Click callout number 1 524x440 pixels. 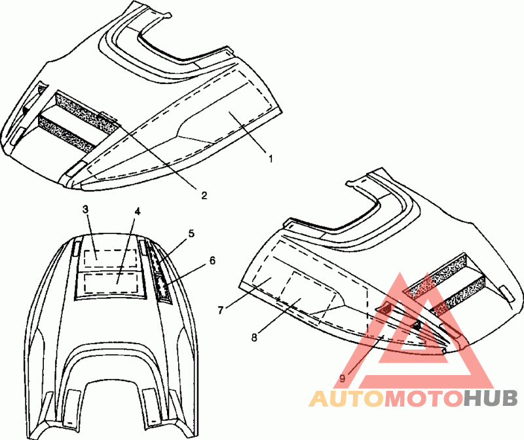pyautogui.click(x=270, y=157)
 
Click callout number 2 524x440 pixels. pyautogui.click(x=204, y=195)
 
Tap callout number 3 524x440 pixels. pyautogui.click(x=85, y=209)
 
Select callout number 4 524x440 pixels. pyautogui.click(x=138, y=212)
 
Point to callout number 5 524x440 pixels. pyautogui.click(x=191, y=233)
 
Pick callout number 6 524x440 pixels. pyautogui.click(x=212, y=260)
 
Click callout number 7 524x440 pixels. pyautogui.click(x=221, y=308)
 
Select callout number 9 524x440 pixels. pyautogui.click(x=342, y=378)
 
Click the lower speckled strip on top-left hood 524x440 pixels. pyautogui.click(x=71, y=130)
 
